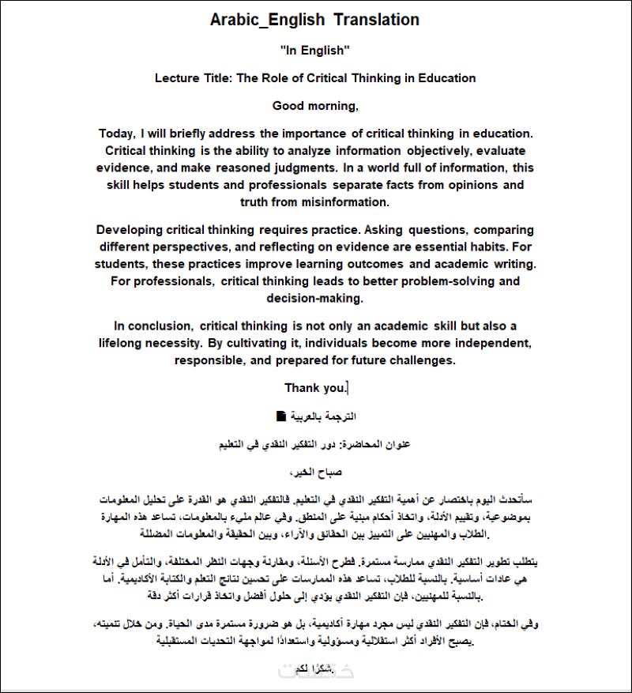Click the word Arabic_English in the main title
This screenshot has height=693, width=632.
[x=267, y=20]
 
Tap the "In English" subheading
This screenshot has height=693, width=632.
[x=314, y=51]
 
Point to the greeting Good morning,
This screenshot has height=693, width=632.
[x=315, y=106]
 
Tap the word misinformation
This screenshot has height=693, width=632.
[x=346, y=202]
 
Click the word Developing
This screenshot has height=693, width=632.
[x=130, y=230]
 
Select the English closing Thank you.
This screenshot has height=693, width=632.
[x=314, y=388]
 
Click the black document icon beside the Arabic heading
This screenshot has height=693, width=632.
[x=280, y=416]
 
